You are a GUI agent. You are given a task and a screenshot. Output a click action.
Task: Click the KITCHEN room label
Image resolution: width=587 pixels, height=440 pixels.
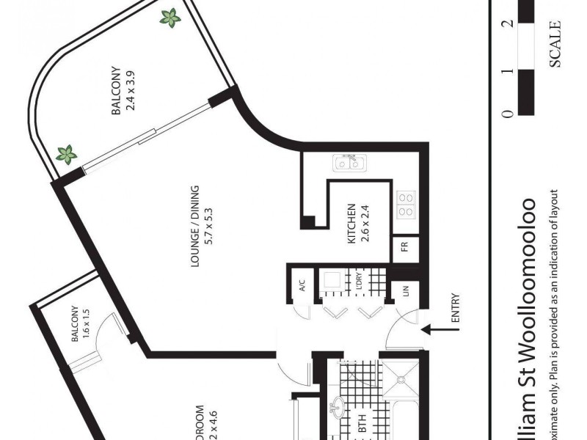[351, 224]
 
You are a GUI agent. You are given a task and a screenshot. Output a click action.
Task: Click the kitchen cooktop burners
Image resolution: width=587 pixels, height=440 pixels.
[406, 204]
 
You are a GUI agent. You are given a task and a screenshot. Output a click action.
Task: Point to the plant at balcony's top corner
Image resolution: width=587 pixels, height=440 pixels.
[170, 18]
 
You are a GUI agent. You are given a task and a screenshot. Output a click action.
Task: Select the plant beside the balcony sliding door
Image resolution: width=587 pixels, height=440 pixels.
[68, 155]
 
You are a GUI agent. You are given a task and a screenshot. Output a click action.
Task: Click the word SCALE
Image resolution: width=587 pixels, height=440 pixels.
[555, 44]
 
